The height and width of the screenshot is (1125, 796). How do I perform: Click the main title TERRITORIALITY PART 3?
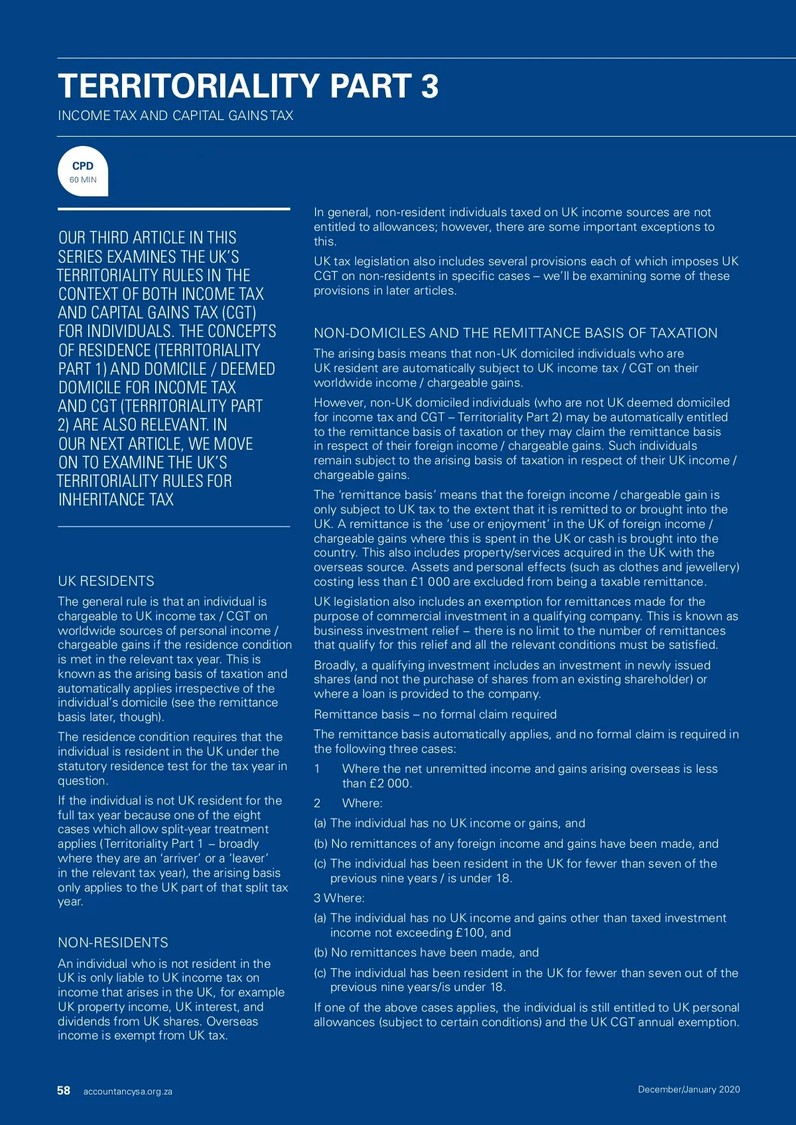(248, 86)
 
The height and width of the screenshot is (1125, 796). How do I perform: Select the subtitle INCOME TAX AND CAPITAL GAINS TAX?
(175, 115)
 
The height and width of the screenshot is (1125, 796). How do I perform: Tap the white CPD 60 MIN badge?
(83, 171)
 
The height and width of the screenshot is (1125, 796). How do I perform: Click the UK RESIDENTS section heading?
(106, 581)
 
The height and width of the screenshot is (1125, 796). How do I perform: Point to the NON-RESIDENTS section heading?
(113, 943)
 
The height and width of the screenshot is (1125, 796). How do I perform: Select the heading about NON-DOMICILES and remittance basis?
(515, 333)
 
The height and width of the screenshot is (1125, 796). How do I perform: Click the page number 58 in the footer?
(64, 1091)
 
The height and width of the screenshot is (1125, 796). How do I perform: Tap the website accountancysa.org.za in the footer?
(127, 1092)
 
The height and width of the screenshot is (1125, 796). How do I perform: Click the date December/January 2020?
(689, 1089)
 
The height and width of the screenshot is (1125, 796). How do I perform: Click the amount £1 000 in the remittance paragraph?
(430, 582)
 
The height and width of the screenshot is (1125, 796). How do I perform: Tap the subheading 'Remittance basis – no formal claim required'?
(435, 714)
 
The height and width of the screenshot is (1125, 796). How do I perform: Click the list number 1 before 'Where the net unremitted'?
(317, 769)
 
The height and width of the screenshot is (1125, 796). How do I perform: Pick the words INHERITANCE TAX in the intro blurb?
(116, 500)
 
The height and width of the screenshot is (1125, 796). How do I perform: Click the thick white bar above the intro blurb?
(174, 209)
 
